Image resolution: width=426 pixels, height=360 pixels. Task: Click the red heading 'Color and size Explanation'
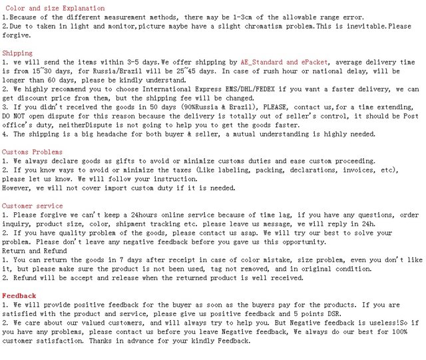(x=55, y=9)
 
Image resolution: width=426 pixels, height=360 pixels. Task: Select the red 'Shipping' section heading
(x=17, y=53)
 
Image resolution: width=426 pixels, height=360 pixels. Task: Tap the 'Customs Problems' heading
(x=32, y=152)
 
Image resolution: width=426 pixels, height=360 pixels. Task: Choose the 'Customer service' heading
(x=31, y=206)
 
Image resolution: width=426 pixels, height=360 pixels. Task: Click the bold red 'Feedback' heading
(x=19, y=295)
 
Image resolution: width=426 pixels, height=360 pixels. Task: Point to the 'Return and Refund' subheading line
(x=34, y=251)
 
